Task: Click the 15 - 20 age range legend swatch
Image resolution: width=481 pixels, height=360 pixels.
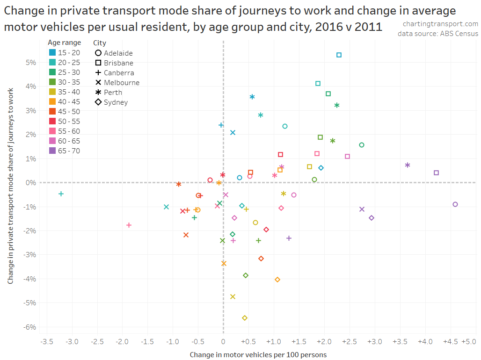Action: pos(52,53)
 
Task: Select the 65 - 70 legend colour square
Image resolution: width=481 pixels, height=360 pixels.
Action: pos(52,151)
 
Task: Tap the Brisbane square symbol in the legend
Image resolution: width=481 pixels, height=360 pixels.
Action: pos(98,63)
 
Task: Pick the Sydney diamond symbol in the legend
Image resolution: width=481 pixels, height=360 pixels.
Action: pos(98,102)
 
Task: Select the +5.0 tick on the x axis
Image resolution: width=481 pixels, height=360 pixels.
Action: pos(469,342)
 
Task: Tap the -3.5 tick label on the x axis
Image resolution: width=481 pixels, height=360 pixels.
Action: pos(46,342)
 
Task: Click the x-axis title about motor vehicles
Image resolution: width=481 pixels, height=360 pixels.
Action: pos(258,355)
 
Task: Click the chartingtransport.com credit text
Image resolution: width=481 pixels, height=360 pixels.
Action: pos(440,24)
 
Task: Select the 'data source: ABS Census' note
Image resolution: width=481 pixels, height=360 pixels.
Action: pos(438,34)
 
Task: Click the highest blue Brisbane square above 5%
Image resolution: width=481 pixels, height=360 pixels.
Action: pos(339,55)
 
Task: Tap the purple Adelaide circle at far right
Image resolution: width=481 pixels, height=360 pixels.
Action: pos(455,204)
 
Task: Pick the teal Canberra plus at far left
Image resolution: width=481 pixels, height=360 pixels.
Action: pos(61,194)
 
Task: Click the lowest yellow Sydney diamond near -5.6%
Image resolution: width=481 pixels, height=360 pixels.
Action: pos(245,318)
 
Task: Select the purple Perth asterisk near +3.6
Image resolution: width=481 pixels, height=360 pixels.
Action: pos(408,165)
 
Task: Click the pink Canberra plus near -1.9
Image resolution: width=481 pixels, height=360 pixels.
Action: pos(129,225)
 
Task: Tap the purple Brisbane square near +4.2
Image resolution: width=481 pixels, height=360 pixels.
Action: pos(436,173)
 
